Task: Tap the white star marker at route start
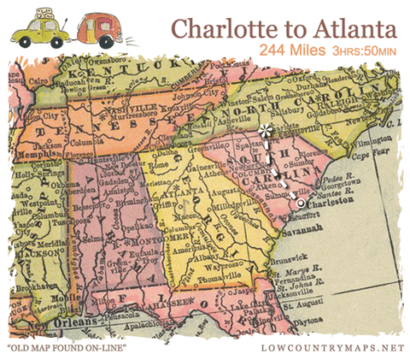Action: [x=266, y=131]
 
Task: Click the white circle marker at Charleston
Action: [x=301, y=204]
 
